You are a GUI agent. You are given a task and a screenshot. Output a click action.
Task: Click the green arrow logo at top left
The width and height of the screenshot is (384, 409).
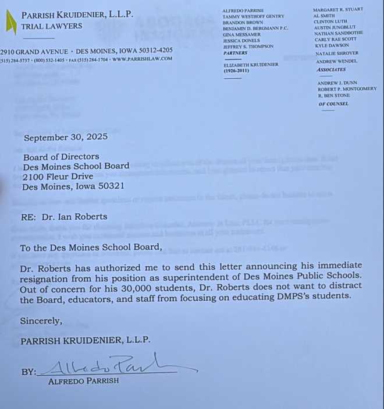(11, 23)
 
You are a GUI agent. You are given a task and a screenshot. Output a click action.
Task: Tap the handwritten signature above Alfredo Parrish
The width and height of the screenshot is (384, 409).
(116, 365)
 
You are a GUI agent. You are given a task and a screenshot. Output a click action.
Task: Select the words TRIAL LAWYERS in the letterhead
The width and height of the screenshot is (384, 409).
(51, 26)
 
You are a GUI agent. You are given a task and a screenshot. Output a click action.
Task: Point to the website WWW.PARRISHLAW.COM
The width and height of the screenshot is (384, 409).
(142, 59)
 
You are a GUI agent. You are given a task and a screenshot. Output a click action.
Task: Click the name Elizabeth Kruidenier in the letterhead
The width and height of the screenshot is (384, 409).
(250, 64)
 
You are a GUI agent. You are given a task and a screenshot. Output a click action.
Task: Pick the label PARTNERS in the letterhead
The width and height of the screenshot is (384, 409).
(235, 53)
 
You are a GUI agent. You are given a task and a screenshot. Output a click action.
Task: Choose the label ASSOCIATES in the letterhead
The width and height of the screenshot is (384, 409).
(330, 69)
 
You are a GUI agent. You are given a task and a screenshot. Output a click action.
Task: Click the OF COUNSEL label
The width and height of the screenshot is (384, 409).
(333, 104)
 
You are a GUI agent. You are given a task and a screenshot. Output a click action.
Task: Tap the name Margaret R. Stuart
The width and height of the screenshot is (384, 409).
(337, 9)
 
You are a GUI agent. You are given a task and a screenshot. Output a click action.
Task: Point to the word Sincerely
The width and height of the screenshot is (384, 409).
(41, 320)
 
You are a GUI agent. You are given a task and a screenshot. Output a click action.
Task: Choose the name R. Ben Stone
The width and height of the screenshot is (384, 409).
(334, 96)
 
